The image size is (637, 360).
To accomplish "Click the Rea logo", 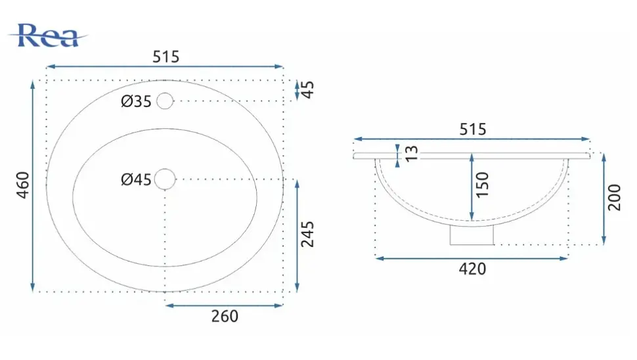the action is pos(48,35).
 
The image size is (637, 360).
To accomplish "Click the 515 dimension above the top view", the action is pos(165,57).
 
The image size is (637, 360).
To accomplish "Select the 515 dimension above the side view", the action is pos(472,129).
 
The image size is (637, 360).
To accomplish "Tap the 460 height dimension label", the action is pos(23,185).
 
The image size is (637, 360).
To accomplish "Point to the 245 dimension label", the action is pos(307,235).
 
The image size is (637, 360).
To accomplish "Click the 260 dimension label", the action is pos(225,316).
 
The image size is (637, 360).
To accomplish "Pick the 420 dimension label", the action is pos(472,269).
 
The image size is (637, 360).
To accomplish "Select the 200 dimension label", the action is pos(614,198).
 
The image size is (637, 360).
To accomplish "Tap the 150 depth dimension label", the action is pos(482,185).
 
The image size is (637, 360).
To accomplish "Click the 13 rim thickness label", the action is pos(412,154).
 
